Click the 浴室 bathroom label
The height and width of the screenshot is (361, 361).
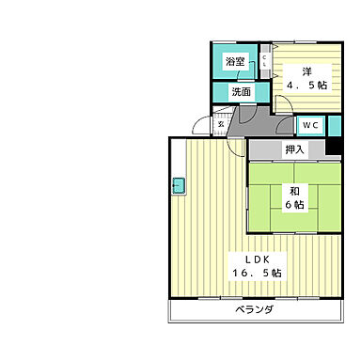[x=235, y=61]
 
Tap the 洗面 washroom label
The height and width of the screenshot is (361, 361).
[x=242, y=92]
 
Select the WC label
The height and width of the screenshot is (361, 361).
[x=310, y=125]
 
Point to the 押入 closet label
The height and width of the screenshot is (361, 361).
[x=294, y=149]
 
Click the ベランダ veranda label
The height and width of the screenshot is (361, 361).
[x=254, y=310]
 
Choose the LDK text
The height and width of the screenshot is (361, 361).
[x=258, y=259]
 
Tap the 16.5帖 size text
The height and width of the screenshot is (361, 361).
[x=257, y=273]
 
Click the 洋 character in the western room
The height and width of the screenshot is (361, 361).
[x=307, y=71]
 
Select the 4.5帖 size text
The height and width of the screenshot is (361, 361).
[x=307, y=85]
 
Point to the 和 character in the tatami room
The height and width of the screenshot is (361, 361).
[x=294, y=191]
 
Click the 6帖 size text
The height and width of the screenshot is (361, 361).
[x=294, y=205]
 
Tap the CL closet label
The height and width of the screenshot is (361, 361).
[x=264, y=61]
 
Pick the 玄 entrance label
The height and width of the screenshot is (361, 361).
[x=221, y=124]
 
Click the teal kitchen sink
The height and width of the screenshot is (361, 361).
[x=179, y=185]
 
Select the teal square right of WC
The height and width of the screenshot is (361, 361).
[x=335, y=126]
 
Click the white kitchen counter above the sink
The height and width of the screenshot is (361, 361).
[x=179, y=158]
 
